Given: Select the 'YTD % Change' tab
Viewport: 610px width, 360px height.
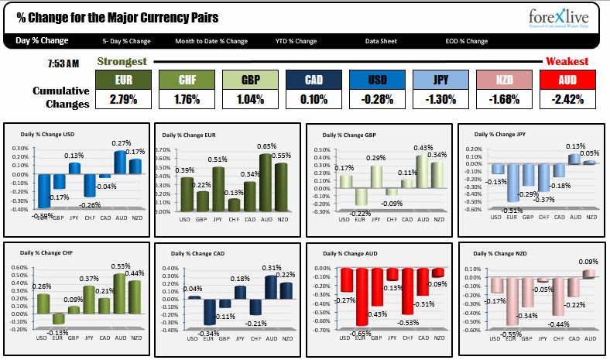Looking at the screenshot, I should coord(296,41).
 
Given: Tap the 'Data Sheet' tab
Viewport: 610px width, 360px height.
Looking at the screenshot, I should coord(382,41).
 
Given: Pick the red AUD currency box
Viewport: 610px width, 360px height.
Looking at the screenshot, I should coord(567,80).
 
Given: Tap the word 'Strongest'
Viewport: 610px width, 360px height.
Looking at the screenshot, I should coord(122,60).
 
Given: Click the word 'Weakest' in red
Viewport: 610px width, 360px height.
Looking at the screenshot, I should coord(567,60).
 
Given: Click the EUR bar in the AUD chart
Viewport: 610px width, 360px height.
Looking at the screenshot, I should coord(362,297).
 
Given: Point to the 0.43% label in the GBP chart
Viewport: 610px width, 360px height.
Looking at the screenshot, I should coord(423,148).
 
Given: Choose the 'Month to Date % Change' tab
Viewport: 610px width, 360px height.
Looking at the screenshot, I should coord(211,41).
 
